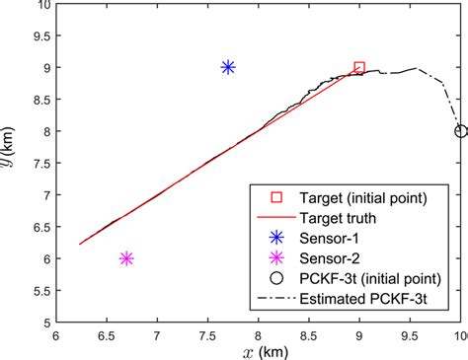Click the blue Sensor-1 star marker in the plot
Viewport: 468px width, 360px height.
(x=228, y=67)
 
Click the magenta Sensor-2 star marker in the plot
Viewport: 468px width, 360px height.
(x=126, y=258)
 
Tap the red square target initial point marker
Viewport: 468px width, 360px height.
(x=359, y=68)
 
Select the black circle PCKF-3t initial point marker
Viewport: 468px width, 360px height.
(x=460, y=131)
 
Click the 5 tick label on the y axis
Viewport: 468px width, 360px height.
(x=43, y=323)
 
